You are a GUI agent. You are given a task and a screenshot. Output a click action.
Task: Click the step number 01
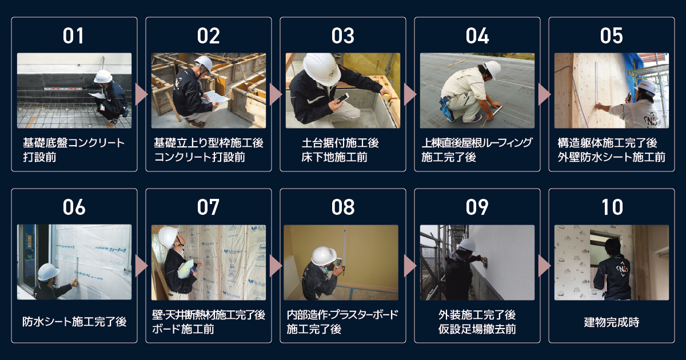coord(74,36)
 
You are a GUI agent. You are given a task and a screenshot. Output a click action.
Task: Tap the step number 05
coord(611,36)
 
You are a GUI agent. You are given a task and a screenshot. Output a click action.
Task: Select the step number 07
coord(208,207)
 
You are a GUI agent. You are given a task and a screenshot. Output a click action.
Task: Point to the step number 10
coord(612,207)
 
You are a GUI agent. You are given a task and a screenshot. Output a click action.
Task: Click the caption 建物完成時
coord(612,322)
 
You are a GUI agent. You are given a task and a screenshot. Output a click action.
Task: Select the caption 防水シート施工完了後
coord(74,322)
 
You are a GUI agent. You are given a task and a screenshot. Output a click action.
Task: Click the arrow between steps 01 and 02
coord(141,94)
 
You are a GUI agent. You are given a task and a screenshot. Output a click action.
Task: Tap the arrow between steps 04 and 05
coord(544,94)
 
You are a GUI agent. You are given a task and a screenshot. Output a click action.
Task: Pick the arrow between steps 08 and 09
coord(410,266)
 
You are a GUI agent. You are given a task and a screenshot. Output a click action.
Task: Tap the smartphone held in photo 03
coord(342,99)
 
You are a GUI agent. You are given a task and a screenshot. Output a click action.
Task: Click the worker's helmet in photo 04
coord(493,69)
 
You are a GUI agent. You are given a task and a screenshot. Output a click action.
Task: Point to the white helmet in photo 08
coord(324,255)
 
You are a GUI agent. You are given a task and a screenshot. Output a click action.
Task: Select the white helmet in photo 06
coord(49,272)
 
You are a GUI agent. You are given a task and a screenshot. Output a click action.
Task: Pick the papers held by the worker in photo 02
coord(217,97)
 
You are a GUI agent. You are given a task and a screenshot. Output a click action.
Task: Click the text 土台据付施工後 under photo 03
coord(340,143)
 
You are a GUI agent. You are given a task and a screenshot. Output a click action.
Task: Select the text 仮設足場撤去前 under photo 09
coord(477,329)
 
